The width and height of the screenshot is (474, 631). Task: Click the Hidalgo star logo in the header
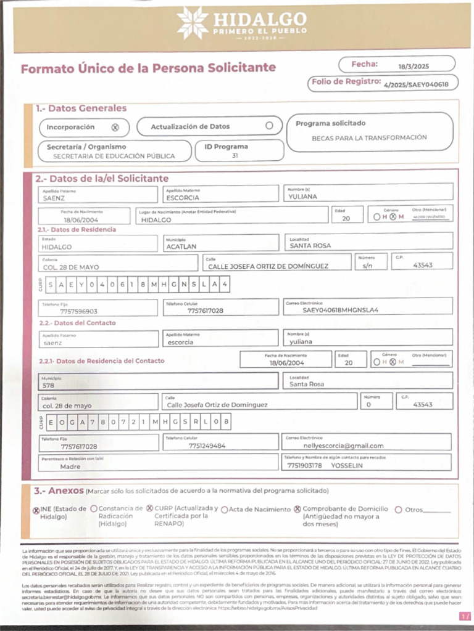click(x=192, y=23)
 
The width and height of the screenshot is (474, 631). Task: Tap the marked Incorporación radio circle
click(x=115, y=128)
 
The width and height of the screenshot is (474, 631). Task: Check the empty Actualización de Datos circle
click(x=269, y=126)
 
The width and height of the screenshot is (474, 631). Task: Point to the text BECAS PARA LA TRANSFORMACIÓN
click(x=369, y=137)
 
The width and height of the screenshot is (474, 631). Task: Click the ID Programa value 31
click(x=235, y=156)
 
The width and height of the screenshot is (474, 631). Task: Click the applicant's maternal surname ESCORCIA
click(x=183, y=198)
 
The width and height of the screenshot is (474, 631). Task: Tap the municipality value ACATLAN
click(x=181, y=246)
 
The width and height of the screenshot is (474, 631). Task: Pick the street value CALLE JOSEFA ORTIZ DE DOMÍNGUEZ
click(x=268, y=266)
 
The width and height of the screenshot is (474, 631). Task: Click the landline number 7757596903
click(x=78, y=312)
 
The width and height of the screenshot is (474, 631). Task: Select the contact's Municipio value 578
click(x=48, y=385)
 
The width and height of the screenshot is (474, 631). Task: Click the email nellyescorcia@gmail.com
click(x=343, y=446)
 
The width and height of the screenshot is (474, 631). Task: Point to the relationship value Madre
click(x=70, y=466)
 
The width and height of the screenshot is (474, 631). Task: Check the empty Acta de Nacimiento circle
click(x=225, y=510)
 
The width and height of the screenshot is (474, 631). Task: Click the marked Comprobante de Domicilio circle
click(x=297, y=510)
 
